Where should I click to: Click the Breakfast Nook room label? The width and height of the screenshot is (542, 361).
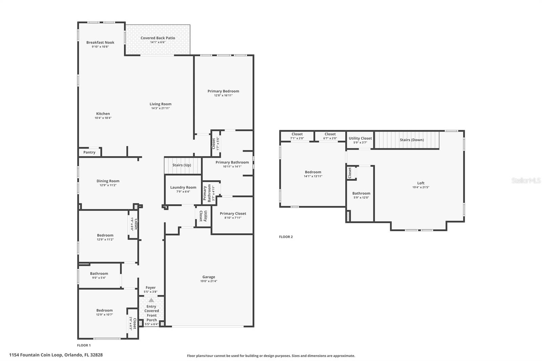click(100, 42)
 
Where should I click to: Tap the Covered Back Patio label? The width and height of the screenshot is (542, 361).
click(158, 38)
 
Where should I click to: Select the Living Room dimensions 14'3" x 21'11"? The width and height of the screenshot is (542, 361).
click(161, 108)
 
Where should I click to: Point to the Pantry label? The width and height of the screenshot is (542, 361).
click(89, 152)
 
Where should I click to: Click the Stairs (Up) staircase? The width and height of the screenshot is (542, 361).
click(183, 166)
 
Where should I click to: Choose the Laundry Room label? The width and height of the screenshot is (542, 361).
click(183, 187)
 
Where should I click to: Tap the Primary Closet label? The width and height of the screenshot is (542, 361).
click(233, 213)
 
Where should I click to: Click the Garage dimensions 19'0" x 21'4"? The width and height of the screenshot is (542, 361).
click(209, 281)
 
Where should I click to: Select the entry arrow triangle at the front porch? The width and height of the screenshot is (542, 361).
click(151, 300)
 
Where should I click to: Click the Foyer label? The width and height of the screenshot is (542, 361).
click(150, 288)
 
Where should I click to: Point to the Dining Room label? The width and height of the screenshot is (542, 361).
click(108, 181)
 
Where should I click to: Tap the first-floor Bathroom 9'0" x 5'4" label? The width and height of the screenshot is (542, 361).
click(99, 273)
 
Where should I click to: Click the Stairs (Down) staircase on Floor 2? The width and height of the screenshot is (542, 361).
click(407, 140)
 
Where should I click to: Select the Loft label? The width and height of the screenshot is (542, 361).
click(421, 183)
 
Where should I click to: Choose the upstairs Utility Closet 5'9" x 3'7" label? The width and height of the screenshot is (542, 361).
click(360, 138)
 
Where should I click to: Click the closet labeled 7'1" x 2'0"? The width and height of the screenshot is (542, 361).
click(297, 136)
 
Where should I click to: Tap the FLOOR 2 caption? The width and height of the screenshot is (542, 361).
click(286, 237)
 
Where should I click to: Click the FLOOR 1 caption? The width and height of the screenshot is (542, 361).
click(84, 345)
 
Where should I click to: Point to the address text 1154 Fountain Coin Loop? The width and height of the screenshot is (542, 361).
click(36, 355)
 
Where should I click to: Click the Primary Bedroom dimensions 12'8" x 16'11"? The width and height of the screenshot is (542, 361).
click(223, 95)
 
